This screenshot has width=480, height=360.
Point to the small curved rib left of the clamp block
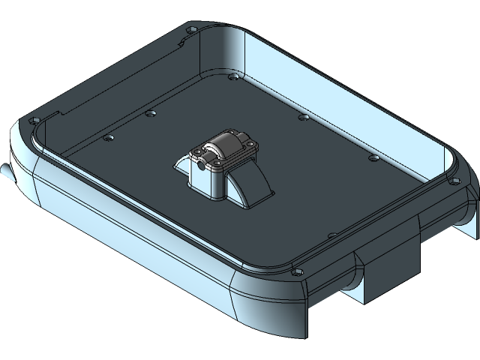click(x=180, y=166)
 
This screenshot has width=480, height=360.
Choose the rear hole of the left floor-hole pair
click(x=151, y=114)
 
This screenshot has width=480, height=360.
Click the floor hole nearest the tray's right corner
click(x=373, y=157)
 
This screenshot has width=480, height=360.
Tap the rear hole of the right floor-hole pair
click(x=302, y=117)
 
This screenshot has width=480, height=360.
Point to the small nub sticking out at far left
click(x=6, y=171)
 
